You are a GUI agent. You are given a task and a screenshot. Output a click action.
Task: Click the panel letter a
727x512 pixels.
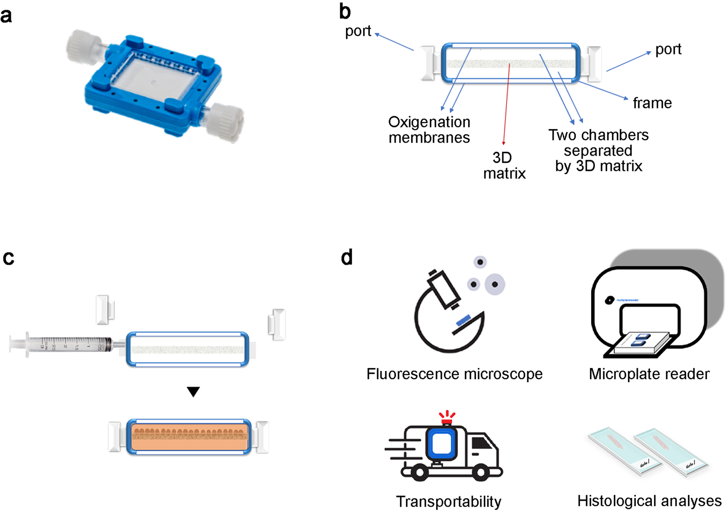(x=6, y=16)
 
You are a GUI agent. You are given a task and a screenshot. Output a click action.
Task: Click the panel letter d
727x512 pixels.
(x=346, y=257)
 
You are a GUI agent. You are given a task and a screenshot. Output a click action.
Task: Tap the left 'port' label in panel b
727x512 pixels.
(x=358, y=31)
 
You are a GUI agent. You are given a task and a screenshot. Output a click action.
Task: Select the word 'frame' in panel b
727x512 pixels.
(x=652, y=103)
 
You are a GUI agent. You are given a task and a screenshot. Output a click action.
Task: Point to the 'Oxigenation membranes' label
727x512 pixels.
(x=429, y=129)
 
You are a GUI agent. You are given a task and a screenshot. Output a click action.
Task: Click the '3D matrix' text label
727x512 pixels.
(x=504, y=165)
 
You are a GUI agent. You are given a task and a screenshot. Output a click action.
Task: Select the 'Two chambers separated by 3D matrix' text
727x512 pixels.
(x=598, y=150)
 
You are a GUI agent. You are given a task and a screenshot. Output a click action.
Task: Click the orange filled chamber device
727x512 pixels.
(x=189, y=437)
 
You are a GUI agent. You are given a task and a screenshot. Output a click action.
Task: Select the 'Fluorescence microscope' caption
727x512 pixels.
(x=454, y=374)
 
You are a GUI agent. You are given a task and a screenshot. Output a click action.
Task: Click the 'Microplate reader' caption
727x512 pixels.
(x=649, y=374)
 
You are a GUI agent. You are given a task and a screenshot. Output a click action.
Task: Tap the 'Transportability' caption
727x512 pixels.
(x=448, y=501)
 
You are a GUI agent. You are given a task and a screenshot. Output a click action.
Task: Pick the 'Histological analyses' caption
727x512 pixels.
(x=649, y=501)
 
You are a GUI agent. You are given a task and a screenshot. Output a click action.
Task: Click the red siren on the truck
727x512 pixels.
(x=446, y=418)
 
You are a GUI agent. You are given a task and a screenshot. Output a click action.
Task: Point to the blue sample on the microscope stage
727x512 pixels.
(x=463, y=321)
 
